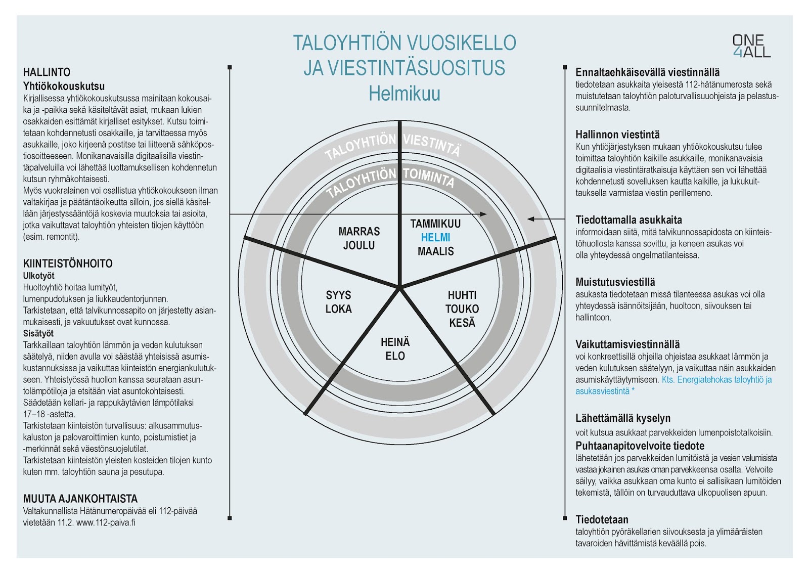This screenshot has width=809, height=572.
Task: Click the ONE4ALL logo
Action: [751, 46]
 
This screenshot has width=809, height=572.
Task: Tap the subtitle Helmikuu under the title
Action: [404, 94]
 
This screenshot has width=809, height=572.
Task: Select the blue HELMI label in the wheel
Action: [435, 237]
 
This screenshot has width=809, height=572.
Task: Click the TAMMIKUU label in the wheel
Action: [435, 224]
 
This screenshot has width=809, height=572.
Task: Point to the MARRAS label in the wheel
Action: [359, 232]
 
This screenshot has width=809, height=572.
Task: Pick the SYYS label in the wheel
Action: [338, 295]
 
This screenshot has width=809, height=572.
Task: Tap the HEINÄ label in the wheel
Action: [395, 342]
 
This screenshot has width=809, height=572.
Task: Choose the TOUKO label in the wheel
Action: [462, 309]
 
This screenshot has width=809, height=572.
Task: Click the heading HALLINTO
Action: [47, 72]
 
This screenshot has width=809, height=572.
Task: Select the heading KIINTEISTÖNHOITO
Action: [68, 263]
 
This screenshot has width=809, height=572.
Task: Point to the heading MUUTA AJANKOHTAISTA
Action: [80, 499]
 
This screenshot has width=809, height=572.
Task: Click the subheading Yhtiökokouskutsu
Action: [64, 86]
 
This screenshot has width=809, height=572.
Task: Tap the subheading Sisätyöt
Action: [38, 333]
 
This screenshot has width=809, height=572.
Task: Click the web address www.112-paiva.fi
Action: [106, 522]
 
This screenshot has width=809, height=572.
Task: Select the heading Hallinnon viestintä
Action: [617, 135]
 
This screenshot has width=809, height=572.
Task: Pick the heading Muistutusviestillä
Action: [615, 282]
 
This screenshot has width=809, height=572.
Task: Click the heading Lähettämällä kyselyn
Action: [623, 418]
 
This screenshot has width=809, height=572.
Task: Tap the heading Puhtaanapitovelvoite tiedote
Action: [640, 446]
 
